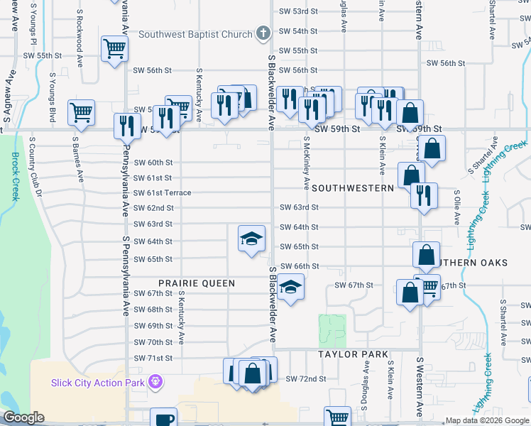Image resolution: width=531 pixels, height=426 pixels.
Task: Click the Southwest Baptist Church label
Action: point(195,34)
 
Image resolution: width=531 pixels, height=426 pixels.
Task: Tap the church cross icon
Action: point(263,33)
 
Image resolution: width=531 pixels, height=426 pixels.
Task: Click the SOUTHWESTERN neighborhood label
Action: point(352,188)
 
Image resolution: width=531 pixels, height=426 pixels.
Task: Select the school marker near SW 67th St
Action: point(290,288)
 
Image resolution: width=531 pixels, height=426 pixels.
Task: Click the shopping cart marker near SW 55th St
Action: point(114,49)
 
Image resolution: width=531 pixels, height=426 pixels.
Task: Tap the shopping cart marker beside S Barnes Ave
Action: point(82,112)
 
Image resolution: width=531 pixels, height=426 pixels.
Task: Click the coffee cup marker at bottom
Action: point(164,420)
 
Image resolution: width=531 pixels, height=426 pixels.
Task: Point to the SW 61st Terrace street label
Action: point(163,193)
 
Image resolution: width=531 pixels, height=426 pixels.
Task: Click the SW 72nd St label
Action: point(305,378)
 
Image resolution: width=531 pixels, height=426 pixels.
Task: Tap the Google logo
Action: point(23,417)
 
